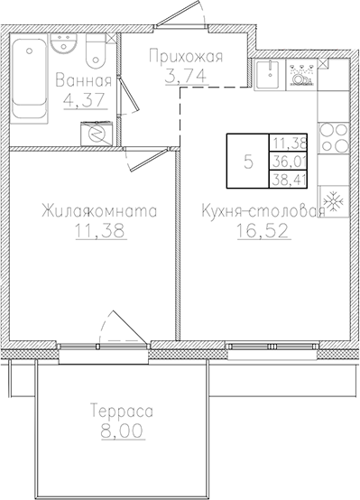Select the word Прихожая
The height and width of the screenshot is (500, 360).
click(x=185, y=57)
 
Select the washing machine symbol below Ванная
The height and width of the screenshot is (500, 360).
click(x=96, y=132)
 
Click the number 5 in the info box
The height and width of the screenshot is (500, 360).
click(x=247, y=162)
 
